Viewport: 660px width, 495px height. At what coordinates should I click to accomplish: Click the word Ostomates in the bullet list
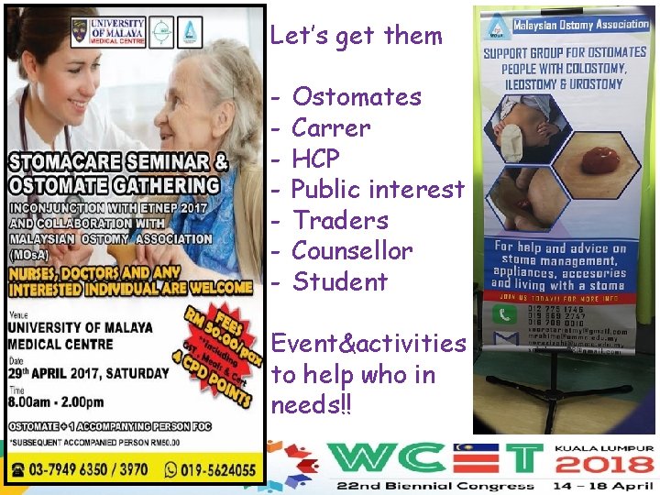357,97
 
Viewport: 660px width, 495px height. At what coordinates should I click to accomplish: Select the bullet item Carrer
331,128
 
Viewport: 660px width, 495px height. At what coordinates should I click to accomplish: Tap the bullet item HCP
315,159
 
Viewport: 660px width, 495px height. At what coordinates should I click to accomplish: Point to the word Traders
340,220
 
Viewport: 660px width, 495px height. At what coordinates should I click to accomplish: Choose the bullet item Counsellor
352,250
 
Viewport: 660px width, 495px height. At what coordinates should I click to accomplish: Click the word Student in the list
340,281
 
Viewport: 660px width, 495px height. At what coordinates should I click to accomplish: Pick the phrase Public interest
378,189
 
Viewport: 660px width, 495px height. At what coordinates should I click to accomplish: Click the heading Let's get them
356,36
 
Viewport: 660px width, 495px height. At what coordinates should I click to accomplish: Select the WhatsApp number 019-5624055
208,468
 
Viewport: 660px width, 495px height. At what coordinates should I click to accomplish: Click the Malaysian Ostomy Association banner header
580,26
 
